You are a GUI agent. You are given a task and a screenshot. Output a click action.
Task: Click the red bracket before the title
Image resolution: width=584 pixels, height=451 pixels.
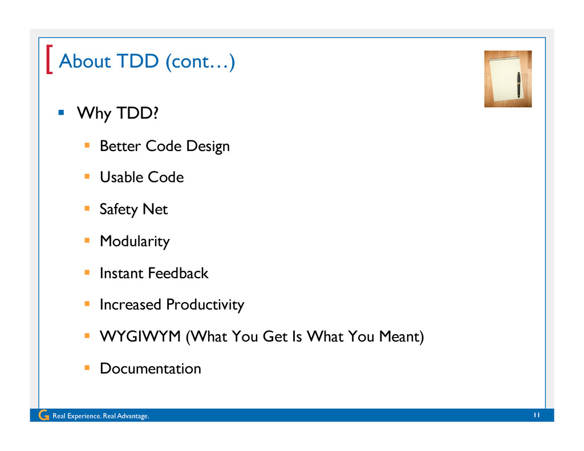[49, 59]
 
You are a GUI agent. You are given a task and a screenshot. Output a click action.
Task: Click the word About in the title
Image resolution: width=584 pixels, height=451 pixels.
[85, 61]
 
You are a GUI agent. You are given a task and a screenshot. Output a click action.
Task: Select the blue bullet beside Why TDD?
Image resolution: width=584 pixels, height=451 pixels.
[62, 112]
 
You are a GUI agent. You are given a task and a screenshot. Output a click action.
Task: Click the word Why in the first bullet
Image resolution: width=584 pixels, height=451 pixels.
[94, 113]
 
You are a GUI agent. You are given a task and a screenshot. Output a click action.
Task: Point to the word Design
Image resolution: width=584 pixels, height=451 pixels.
[208, 147]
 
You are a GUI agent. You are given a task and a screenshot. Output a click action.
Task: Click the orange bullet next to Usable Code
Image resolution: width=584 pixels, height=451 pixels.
[87, 177]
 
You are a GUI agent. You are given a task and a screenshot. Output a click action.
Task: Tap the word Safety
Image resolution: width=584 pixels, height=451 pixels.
[119, 210]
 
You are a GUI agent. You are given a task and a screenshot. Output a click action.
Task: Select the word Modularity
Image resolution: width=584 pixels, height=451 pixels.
[135, 242]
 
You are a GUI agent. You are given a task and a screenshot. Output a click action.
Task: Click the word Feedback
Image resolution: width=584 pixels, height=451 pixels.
[178, 273]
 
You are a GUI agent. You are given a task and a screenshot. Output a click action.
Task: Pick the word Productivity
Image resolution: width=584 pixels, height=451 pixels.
[205, 305]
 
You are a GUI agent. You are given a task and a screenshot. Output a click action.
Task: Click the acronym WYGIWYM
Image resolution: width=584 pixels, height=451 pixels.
[140, 336]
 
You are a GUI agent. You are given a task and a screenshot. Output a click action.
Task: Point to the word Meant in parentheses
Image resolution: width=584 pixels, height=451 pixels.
[399, 336]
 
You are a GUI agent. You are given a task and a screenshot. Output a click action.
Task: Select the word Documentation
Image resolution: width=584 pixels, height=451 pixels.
[151, 369]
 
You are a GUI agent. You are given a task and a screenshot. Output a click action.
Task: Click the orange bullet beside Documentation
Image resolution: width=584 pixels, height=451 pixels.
[87, 368]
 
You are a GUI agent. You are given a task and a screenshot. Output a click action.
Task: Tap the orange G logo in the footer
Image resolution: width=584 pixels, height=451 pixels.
[43, 415]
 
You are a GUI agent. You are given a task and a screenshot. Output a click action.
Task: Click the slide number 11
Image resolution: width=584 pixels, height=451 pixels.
[537, 415]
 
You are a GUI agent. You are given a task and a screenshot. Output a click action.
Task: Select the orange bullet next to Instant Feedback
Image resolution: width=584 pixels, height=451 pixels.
[87, 273]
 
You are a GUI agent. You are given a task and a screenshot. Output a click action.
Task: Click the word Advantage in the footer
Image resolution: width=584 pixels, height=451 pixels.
[133, 416]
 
